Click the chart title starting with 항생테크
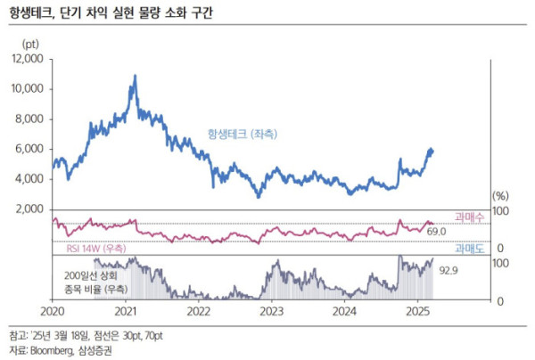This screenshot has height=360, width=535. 117,13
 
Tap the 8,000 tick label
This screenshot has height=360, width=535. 30,119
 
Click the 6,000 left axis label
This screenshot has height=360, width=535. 30,149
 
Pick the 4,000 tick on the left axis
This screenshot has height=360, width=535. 30,179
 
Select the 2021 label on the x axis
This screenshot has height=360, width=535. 126,311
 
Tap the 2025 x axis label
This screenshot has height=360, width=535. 417,311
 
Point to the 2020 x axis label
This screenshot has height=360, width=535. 53,311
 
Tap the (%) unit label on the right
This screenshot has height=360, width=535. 501,194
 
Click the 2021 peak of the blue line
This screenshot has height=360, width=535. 135,77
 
